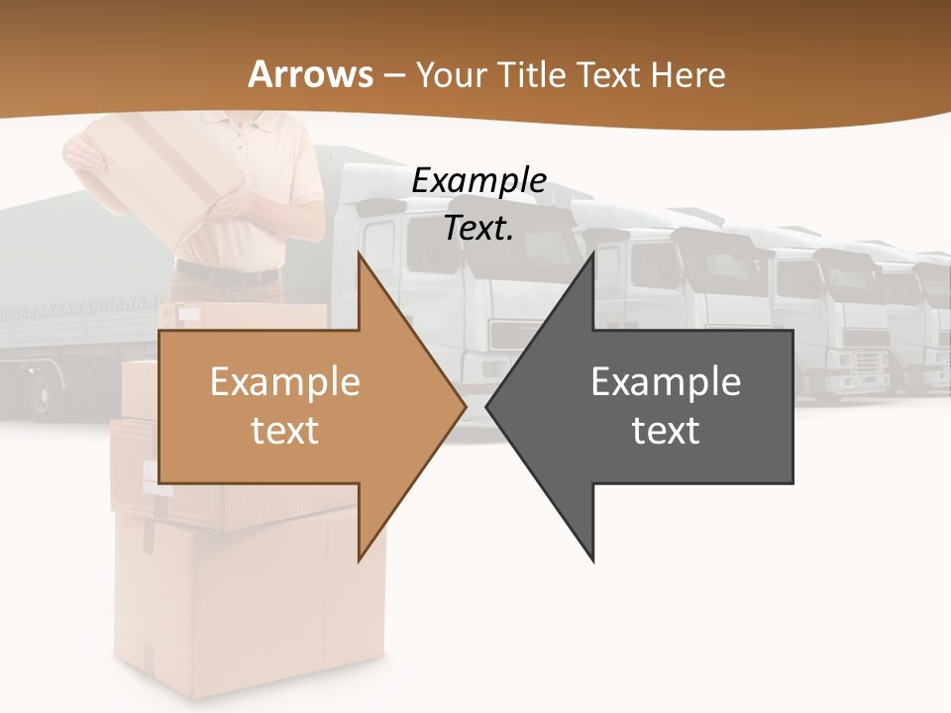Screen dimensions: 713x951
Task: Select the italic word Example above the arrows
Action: click(x=478, y=180)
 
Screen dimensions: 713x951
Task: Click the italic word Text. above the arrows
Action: click(x=478, y=228)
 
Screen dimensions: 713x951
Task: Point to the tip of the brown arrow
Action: click(x=465, y=406)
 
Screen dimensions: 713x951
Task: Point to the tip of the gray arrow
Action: click(x=487, y=406)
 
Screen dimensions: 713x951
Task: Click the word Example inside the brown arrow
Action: click(x=284, y=381)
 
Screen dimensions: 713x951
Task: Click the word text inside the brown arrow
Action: click(x=284, y=430)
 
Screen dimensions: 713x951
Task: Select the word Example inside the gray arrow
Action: click(x=666, y=381)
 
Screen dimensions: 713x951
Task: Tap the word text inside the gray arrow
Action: click(x=666, y=430)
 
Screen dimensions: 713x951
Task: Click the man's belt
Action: click(x=228, y=275)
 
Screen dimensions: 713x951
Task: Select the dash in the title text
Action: click(x=393, y=75)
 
